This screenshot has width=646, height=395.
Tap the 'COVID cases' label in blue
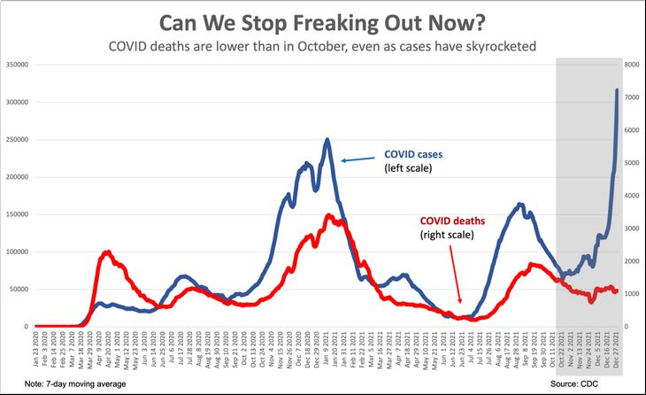[x=413, y=154]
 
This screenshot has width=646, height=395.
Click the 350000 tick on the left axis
[x=18, y=65]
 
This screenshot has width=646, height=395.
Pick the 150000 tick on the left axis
[x=18, y=214]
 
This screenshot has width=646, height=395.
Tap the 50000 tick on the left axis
[x=19, y=289]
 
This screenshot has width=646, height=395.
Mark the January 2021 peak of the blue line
[x=327, y=139]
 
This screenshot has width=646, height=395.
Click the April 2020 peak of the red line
[x=107, y=252]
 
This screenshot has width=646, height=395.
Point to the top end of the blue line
[x=617, y=89]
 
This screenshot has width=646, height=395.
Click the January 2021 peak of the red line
[x=329, y=215]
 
